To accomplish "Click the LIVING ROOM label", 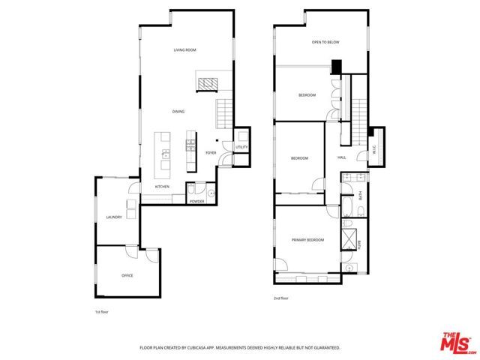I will coord(184,50).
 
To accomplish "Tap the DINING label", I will coord(178,112).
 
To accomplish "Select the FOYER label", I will coord(211,152).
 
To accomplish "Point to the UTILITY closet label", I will coord(241,147).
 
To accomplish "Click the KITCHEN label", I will coord(162,186).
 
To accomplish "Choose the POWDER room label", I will coord(197,202).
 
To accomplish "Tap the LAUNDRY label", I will coord(114,217).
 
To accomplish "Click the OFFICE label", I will coord(127,276).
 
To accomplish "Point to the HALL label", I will coord(341,157).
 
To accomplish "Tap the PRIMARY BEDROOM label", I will coord(307,240).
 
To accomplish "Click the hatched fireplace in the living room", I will coord(206,81).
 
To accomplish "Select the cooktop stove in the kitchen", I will coord(190,141).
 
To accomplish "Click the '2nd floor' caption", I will coord(280,298).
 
